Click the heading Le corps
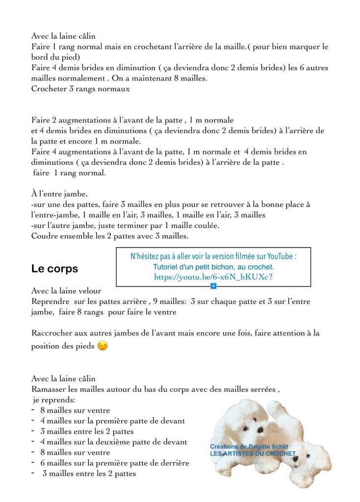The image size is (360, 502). pos(54,269)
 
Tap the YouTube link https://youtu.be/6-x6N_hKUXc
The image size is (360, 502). pos(213,277)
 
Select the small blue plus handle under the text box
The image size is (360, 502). pos(213,285)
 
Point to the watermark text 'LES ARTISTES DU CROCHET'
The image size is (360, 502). pos(253,453)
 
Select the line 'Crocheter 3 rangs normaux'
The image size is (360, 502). pos(80,89)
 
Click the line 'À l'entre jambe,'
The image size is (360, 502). pos(59,194)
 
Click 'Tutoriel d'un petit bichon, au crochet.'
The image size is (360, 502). pos(213,267)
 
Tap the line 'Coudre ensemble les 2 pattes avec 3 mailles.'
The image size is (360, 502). pos(110,235)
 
